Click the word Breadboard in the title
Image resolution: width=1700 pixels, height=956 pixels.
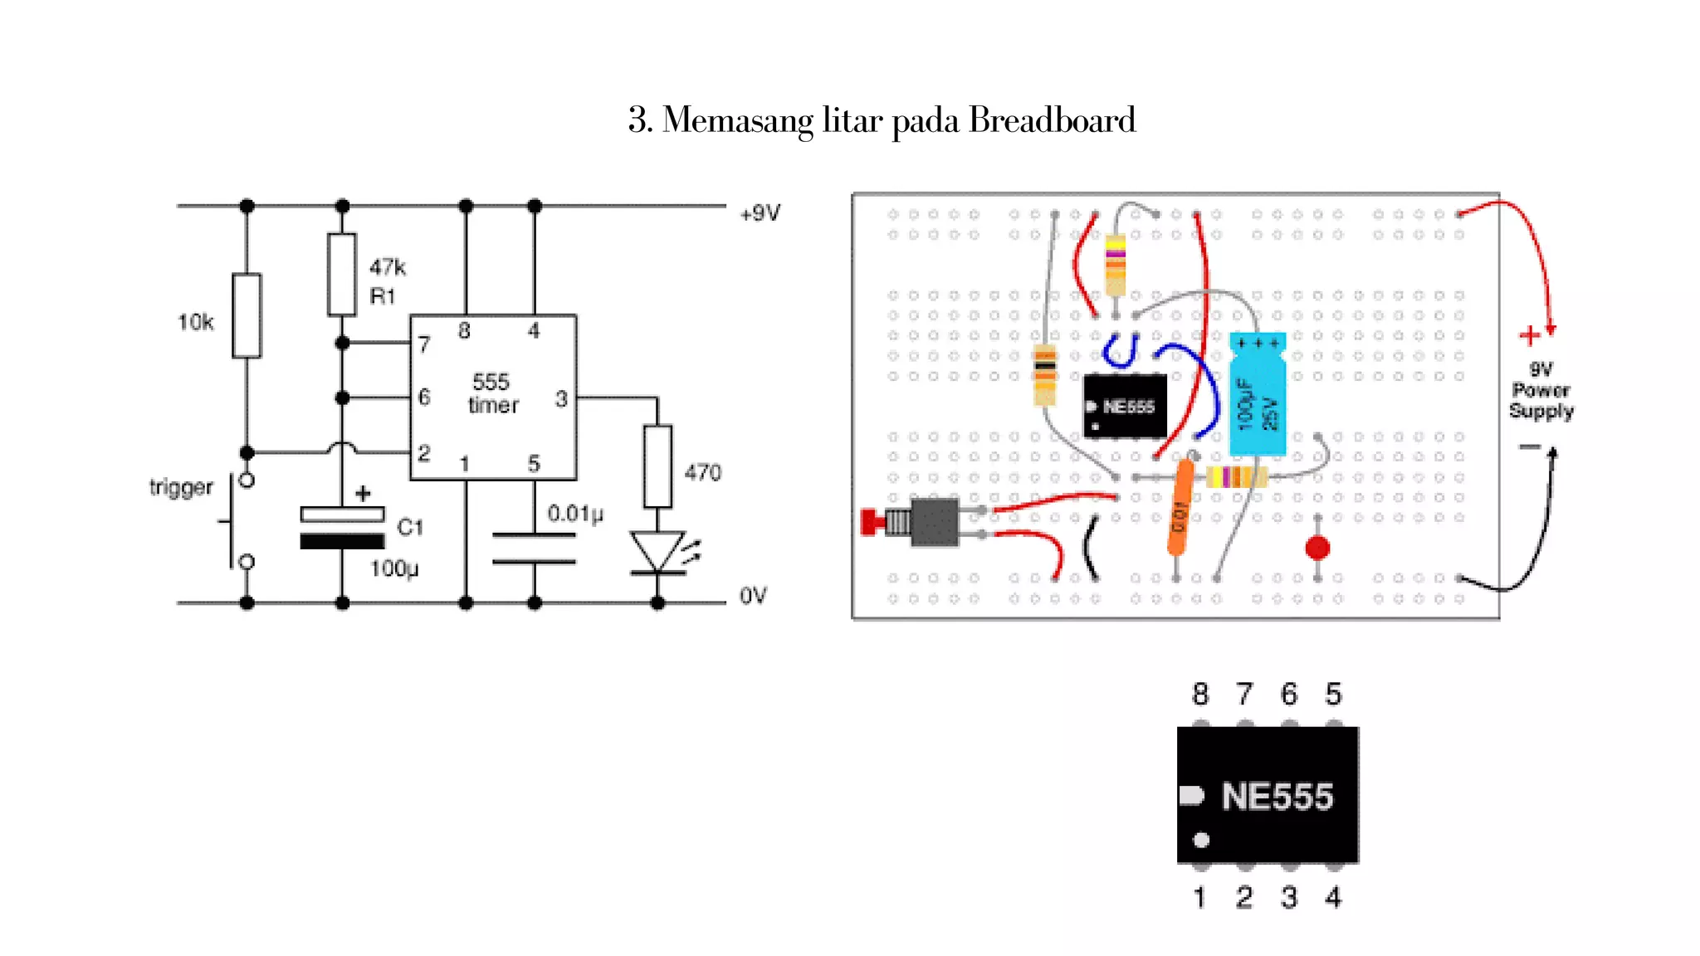pos(1052,120)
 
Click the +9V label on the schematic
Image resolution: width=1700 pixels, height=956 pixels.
pos(760,213)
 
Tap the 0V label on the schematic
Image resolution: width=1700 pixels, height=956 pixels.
pos(753,596)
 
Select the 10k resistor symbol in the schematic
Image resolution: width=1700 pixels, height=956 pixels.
pos(247,315)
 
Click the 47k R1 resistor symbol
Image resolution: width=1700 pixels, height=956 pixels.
pos(341,275)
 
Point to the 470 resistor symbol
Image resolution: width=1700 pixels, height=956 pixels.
pos(657,466)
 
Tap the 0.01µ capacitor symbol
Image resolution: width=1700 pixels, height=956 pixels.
pos(534,549)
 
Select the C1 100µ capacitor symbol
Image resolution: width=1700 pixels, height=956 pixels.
pos(342,528)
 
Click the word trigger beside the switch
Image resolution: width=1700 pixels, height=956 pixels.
pos(181,486)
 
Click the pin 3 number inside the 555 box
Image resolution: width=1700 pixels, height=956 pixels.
pos(561,399)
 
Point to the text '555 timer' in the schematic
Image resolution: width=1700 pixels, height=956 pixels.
pos(492,393)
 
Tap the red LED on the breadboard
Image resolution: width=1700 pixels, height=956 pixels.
pos(1317,548)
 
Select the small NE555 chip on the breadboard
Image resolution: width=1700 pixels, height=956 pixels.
pos(1125,406)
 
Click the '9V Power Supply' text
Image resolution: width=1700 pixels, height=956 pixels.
pos(1541,390)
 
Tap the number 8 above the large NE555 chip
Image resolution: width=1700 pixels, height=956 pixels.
pos(1200,694)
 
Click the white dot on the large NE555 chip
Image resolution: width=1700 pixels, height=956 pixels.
pos(1201,840)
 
